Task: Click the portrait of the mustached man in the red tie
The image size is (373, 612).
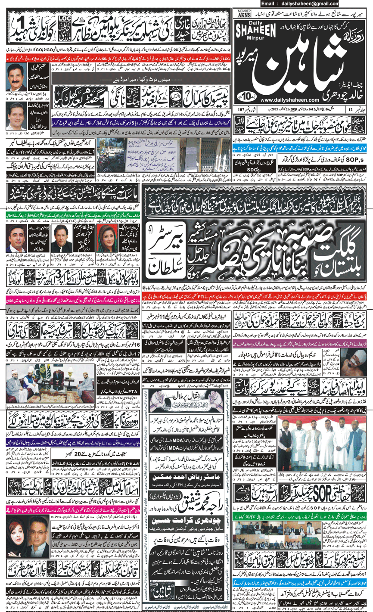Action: tap(17, 77)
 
